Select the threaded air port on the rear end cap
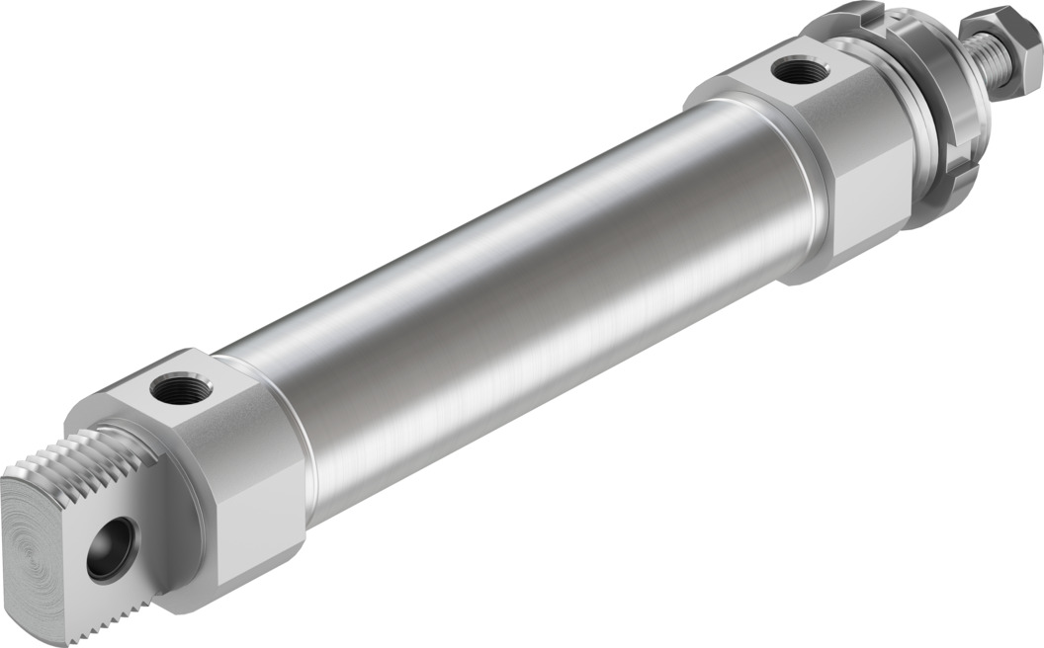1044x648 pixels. tap(181, 387)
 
